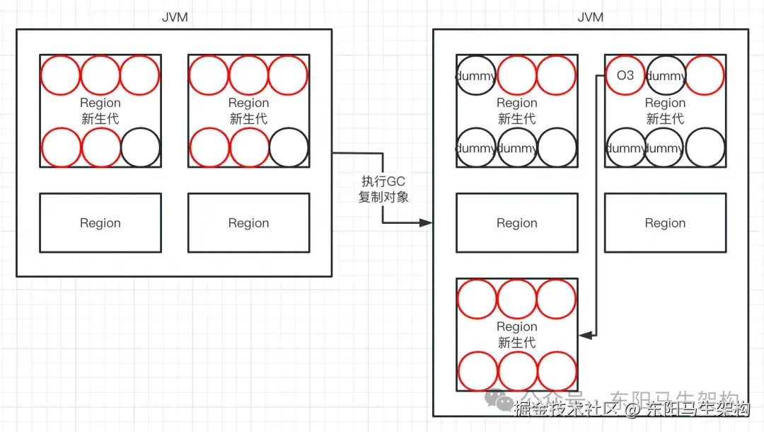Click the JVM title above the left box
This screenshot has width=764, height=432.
tap(175, 17)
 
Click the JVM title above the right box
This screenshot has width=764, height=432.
tap(591, 17)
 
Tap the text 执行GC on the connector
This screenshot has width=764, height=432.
tap(383, 182)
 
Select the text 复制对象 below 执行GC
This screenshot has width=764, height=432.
tap(383, 197)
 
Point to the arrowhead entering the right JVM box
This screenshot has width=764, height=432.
tap(426, 222)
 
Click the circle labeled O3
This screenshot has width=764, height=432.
tap(625, 75)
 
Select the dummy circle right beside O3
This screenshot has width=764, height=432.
tap(666, 75)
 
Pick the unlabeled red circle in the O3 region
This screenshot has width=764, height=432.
tap(705, 75)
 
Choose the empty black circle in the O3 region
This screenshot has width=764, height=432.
tap(705, 147)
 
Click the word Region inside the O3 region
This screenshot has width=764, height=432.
tap(665, 103)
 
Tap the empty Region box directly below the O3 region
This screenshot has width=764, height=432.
tap(665, 223)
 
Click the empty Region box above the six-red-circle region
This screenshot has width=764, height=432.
tap(516, 223)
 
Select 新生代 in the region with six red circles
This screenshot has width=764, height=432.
tap(516, 343)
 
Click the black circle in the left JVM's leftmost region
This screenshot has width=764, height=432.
tap(141, 147)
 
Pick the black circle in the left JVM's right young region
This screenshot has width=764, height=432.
tap(289, 147)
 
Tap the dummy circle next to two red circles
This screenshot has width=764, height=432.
tap(476, 75)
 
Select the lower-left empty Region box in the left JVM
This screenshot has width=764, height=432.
tap(100, 223)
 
